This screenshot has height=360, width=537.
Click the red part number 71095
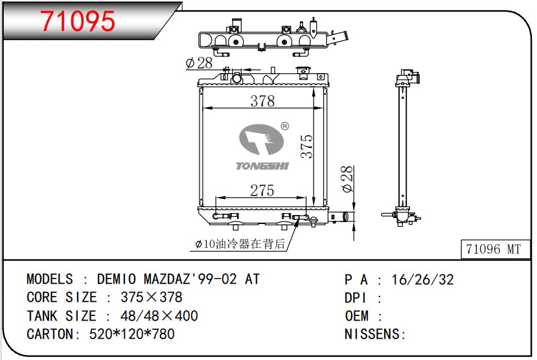coord(78,21)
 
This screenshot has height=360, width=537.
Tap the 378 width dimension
coord(262,100)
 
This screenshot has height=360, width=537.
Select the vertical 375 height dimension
coord(306,146)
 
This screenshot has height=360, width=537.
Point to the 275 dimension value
coord(262,190)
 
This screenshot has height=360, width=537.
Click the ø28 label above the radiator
coord(199,63)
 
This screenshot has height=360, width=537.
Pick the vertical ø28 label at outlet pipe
coord(347,179)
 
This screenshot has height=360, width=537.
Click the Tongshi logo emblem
coord(261,139)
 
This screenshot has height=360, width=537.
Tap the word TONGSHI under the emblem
coord(262,166)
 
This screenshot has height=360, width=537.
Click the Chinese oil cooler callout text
coord(240,243)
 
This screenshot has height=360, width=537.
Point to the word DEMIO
coord(117,279)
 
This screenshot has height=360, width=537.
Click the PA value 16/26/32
coord(422,280)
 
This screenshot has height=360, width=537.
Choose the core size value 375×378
coord(152,297)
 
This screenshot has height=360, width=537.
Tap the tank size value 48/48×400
coord(159,315)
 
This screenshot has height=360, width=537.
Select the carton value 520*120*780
coord(132,333)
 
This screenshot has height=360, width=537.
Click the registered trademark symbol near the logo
coord(284,126)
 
